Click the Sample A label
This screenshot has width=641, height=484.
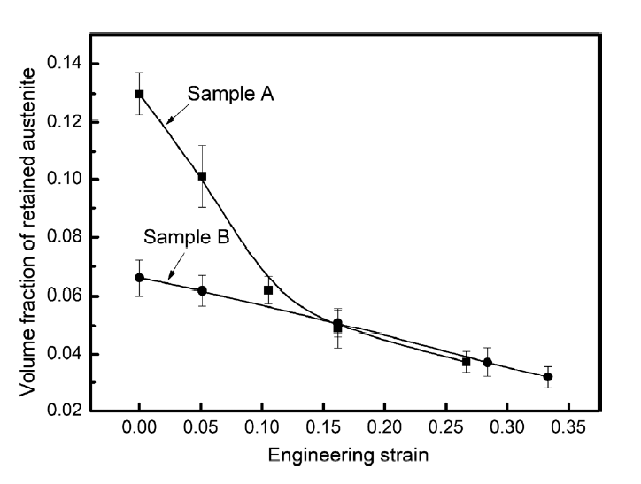pyautogui.click(x=229, y=94)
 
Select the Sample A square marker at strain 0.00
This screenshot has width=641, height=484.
pyautogui.click(x=139, y=94)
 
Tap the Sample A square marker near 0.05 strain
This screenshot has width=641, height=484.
pyautogui.click(x=202, y=176)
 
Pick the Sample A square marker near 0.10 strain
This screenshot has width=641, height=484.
pyautogui.click(x=268, y=290)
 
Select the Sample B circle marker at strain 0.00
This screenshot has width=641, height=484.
pyautogui.click(x=139, y=277)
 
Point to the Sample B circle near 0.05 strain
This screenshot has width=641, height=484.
pyautogui.click(x=202, y=290)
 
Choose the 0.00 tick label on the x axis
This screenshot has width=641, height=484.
pyautogui.click(x=139, y=427)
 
